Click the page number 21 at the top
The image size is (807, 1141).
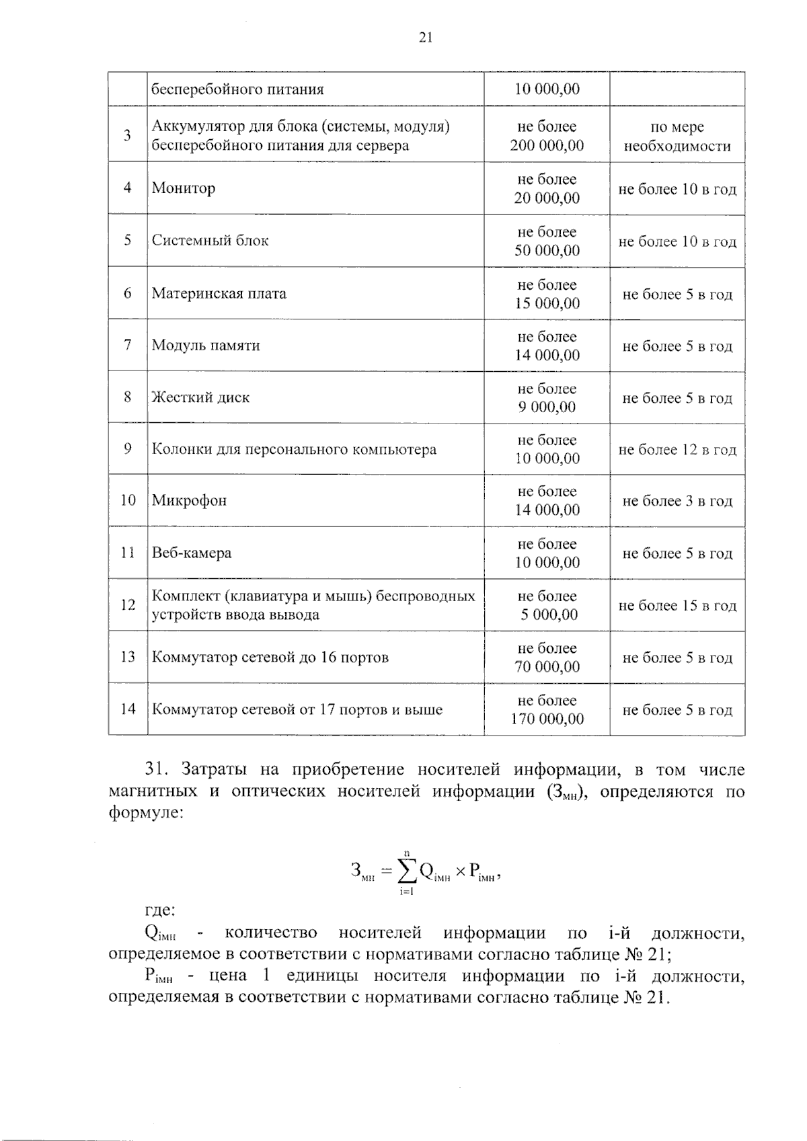425,38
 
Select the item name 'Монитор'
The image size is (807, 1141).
184,188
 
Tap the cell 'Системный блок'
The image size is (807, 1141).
210,241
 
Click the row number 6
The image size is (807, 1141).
128,293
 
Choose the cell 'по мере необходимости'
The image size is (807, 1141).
677,136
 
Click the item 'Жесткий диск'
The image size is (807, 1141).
200,397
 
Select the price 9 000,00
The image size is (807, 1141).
547,407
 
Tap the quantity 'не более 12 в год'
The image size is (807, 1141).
677,450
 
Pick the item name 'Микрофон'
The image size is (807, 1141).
189,501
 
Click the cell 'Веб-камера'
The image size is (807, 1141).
192,553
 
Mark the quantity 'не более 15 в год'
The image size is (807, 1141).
677,606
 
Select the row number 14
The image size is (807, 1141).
128,709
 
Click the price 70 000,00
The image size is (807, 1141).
547,667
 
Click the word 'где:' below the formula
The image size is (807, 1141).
160,911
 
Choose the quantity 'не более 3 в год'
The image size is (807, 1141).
677,502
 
